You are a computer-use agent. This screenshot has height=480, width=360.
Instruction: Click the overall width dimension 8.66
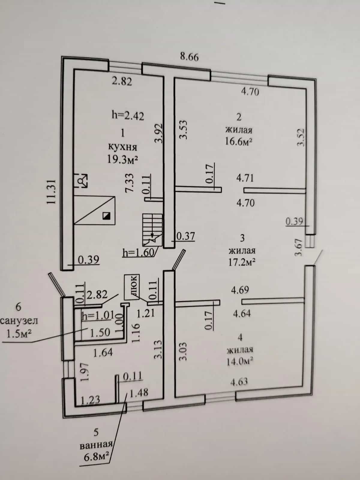tap(189, 57)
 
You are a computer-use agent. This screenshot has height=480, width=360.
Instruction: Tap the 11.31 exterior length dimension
tap(51, 192)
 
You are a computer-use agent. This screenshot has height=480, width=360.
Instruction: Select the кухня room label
tap(123, 147)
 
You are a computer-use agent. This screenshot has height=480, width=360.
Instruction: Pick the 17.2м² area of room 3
tap(242, 262)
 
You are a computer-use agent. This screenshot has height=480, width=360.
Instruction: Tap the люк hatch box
tap(132, 287)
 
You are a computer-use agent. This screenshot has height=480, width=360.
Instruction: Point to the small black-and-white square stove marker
tap(106, 216)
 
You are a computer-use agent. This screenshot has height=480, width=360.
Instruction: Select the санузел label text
tap(19, 321)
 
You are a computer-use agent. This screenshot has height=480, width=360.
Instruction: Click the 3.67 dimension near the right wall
tap(298, 247)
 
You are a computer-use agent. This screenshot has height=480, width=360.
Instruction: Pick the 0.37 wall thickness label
tap(186, 236)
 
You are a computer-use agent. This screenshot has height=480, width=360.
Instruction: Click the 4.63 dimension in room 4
tap(239, 381)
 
